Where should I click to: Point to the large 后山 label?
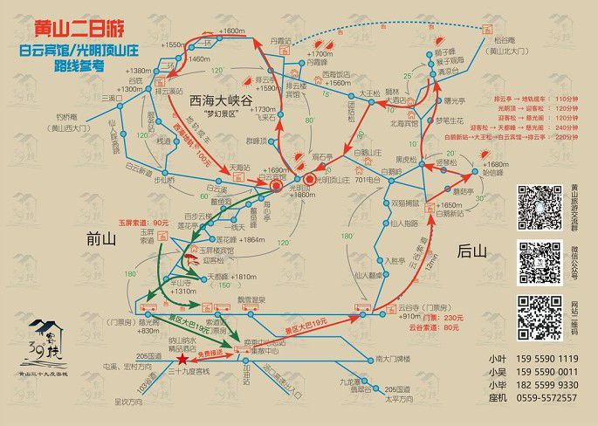click(x=471, y=251)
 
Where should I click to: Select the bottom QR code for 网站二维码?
click(x=539, y=317)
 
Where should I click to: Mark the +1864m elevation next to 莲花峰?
click(x=251, y=238)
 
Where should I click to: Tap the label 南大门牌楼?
click(x=392, y=359)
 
